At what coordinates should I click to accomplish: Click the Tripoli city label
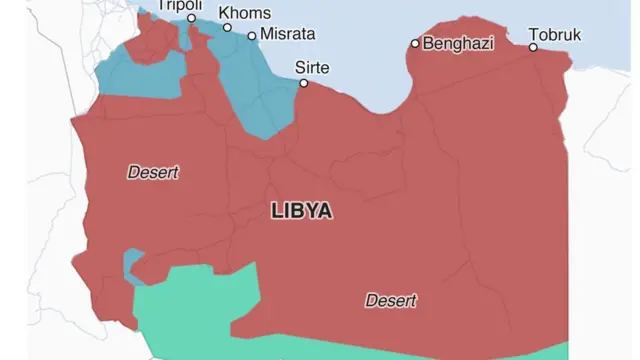coord(180,5)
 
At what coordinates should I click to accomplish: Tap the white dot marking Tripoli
coord(191,18)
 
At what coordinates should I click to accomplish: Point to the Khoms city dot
coord(227,28)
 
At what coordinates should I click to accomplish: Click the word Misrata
coord(287,34)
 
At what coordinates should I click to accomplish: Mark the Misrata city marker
coord(252,35)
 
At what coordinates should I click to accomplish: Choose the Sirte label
coord(312,68)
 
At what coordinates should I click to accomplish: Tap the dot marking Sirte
coord(302,84)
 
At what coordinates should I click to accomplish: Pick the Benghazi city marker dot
coord(415,44)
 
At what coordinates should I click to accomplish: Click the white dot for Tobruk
coord(533,47)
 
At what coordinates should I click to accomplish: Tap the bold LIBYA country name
coord(301,212)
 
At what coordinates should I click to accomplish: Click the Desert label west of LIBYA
coord(153,173)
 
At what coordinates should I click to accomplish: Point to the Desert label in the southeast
coord(391,300)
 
